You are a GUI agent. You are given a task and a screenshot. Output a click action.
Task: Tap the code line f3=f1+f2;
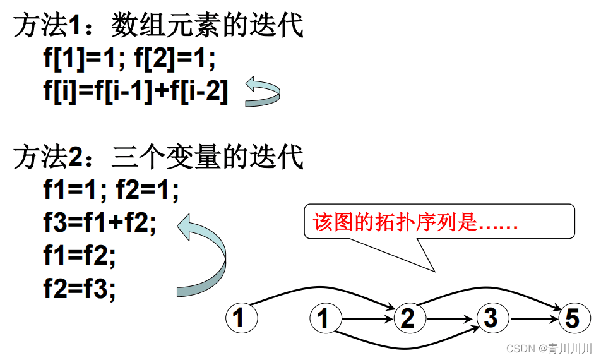(100, 223)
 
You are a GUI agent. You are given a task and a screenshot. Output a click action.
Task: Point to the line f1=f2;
(80, 256)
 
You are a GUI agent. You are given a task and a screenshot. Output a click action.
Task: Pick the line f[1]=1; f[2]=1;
(129, 60)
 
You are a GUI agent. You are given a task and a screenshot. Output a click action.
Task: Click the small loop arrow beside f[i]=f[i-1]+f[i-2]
(262, 92)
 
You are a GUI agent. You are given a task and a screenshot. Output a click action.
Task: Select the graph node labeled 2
(408, 318)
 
